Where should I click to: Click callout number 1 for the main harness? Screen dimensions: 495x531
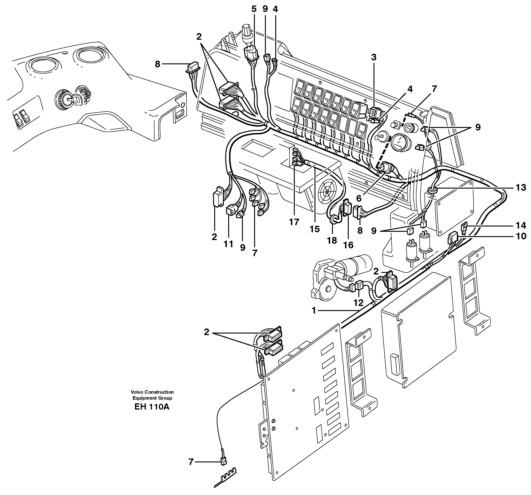[314, 311]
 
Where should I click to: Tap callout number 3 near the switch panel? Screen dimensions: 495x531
[374, 57]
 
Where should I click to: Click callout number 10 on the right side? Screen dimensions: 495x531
[521, 236]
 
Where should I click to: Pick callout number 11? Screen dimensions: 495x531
[229, 244]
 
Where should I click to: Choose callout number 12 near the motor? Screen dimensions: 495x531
[358, 303]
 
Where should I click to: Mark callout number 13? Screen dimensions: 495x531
[521, 188]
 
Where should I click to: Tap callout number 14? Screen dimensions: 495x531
[521, 226]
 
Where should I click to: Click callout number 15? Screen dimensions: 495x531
[315, 229]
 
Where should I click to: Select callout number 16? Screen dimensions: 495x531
[348, 245]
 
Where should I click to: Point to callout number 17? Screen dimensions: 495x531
[294, 222]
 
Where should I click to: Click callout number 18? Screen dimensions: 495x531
[332, 240]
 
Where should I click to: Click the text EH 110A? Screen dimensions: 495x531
[152, 407]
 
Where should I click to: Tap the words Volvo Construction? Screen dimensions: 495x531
[152, 392]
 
